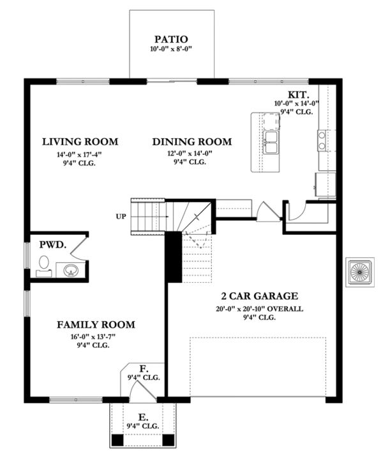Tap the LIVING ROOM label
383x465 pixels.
tap(80, 141)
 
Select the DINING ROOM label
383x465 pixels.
tap(191, 141)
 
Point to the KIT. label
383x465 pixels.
tap(299, 94)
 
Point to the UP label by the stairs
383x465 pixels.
tap(121, 216)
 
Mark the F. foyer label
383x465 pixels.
tap(144, 368)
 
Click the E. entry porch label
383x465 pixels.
tap(143, 416)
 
